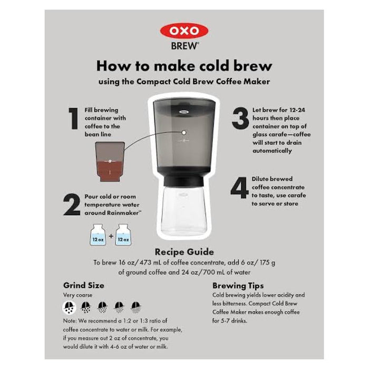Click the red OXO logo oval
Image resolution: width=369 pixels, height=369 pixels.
coord(184,31)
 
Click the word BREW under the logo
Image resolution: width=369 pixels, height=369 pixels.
coord(184,46)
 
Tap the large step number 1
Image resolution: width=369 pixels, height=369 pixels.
coord(74,119)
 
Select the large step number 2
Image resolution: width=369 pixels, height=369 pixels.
coord(72,205)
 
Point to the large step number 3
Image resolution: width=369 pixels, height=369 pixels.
coord(240,118)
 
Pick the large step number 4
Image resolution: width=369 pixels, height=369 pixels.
coord(239,188)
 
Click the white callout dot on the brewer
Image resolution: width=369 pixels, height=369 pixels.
coord(184,132)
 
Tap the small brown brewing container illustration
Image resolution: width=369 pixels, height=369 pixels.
coord(110,161)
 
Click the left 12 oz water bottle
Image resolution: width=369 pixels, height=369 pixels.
coord(98,235)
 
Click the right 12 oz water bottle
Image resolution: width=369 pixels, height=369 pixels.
coord(123,235)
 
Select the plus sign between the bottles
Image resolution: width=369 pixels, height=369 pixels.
coord(111,236)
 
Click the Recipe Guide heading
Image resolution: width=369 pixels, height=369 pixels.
coord(184,252)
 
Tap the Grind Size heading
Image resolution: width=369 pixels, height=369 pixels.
coord(83,286)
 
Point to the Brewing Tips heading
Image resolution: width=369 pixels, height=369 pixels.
coord(238,286)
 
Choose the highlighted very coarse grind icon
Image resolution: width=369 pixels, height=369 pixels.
coord(69,307)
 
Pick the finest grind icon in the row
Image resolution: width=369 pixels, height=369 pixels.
coord(136,307)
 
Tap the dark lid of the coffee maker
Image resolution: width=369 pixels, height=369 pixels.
coord(184,108)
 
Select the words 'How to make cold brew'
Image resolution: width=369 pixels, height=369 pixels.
coord(184,66)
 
